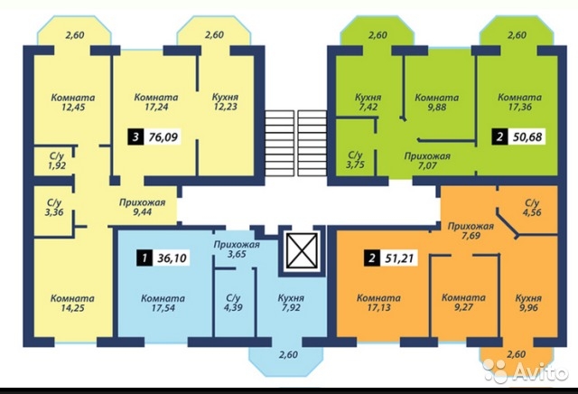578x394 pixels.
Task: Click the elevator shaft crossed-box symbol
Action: [x=302, y=250]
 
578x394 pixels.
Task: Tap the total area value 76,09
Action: [x=163, y=137]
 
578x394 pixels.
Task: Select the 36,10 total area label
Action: [x=172, y=258]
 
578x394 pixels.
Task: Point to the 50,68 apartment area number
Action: [x=527, y=136]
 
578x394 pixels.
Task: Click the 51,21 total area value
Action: [x=399, y=258]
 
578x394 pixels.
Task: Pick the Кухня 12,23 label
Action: [x=225, y=102]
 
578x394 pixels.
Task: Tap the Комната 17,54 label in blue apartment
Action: [x=163, y=303]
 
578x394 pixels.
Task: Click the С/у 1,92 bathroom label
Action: [x=57, y=161]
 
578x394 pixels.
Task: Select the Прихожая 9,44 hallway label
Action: [x=143, y=207]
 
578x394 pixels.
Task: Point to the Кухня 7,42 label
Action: [x=368, y=102]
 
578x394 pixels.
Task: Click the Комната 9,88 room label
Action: [x=437, y=102]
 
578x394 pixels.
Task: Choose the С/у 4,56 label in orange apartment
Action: [x=532, y=207]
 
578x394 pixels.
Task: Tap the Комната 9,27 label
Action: [x=463, y=303]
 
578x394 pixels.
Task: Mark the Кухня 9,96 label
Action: [x=528, y=303]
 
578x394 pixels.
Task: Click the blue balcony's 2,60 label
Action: [x=288, y=355]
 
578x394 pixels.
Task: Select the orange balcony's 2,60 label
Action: [x=516, y=354]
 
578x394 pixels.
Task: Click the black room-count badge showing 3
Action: [x=135, y=137]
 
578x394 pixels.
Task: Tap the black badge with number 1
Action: [x=144, y=258]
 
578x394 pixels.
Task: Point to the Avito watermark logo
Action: [x=525, y=371]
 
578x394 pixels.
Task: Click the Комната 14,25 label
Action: [x=72, y=303]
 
